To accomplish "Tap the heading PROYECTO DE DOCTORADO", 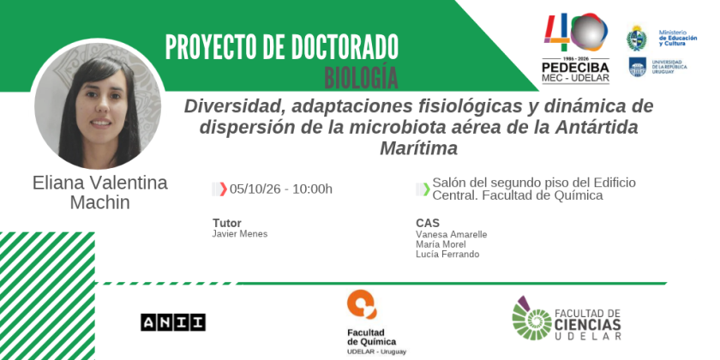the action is coord(281,47).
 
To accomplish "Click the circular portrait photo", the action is coord(98,105).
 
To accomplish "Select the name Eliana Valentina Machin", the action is coord(99,192).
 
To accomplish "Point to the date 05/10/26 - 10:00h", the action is coord(281,189).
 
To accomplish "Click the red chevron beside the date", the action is coord(223,189).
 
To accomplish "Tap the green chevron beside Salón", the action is coord(427,189).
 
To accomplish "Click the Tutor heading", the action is coord(227,223).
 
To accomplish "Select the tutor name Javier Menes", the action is coord(240,234).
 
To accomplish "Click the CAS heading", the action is coord(428,223).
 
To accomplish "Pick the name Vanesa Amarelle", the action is coord(452,235).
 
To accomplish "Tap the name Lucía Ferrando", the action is coord(447,254).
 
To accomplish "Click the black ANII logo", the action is coord(173,322).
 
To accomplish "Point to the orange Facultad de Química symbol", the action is coord(362,304).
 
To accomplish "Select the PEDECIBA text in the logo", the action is coord(575,68).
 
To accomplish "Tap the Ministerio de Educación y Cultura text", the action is coord(678,38).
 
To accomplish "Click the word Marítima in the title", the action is coord(419,148).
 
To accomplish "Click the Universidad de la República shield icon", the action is coord(638,67).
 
